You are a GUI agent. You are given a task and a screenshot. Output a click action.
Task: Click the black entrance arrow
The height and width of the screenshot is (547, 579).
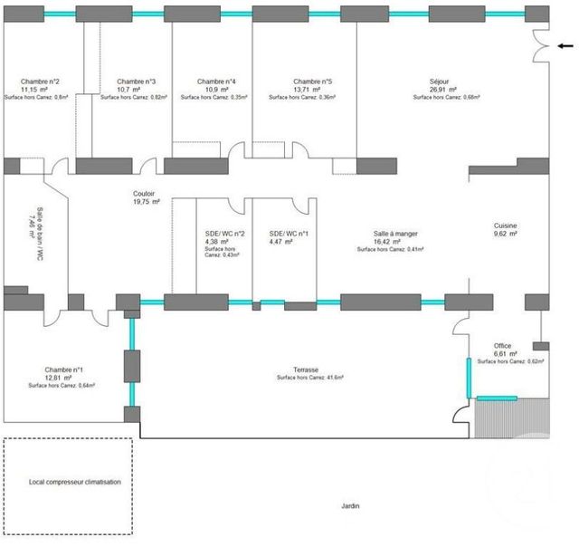pyautogui.click(x=565, y=45)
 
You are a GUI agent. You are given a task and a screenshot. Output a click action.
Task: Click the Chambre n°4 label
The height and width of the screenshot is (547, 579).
pyautogui.click(x=216, y=81)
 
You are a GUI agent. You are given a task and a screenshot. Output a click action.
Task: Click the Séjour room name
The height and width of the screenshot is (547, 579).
pyautogui.click(x=440, y=81)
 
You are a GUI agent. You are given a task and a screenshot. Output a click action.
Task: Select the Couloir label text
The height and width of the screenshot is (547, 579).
pyautogui.click(x=143, y=193)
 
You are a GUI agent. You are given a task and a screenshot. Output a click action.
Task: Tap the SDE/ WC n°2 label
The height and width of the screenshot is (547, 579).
pyautogui.click(x=225, y=233)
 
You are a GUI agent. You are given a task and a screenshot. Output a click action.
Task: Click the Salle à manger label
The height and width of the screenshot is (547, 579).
pyautogui.click(x=391, y=233)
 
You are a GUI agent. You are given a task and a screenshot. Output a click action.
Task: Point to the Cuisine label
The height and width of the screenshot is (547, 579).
pyautogui.click(x=506, y=225)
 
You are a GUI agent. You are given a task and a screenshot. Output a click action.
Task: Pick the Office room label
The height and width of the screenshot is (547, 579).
pyautogui.click(x=502, y=346)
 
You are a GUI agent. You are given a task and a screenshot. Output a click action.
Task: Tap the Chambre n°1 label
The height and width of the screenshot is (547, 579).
pyautogui.click(x=63, y=369)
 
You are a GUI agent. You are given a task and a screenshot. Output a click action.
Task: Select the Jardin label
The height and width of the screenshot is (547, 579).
pyautogui.click(x=349, y=506)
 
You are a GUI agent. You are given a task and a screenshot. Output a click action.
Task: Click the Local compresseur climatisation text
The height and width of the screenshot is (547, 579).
pyautogui.click(x=68, y=483)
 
